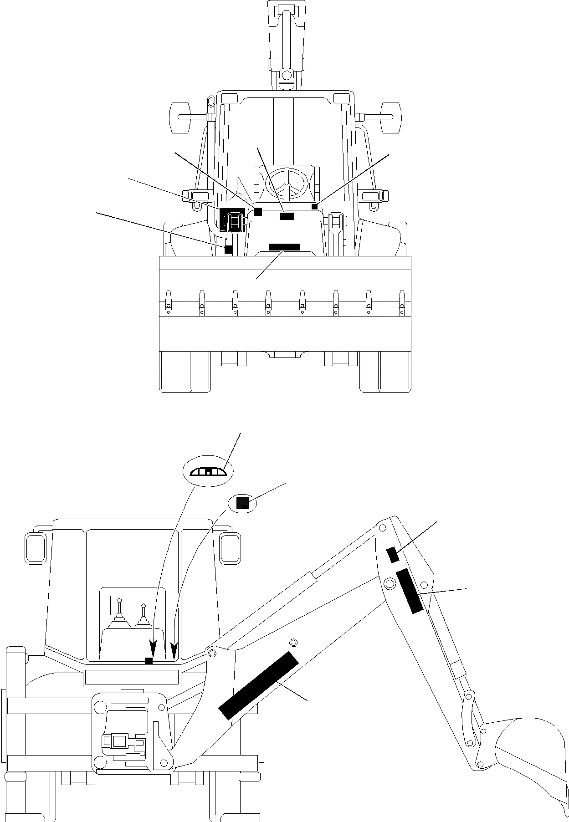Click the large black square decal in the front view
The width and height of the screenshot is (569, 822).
232,219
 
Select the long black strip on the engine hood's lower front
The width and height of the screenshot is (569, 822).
284,247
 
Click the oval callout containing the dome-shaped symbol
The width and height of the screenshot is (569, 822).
207,472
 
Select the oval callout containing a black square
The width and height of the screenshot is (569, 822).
242,503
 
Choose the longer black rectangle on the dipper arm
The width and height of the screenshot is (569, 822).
410,591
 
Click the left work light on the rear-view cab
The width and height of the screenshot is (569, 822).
36,547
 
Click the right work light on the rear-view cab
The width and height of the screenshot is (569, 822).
230,547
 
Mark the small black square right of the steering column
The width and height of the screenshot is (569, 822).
314,207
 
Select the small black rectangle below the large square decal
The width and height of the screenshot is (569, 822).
228,249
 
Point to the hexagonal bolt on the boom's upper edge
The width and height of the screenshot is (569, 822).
293,643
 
